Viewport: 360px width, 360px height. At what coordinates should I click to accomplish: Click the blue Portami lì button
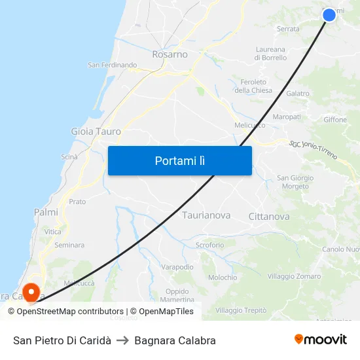[179, 160]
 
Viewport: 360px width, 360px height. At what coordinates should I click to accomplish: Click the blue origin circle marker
[329, 14]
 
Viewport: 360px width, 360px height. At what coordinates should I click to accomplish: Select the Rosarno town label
[170, 54]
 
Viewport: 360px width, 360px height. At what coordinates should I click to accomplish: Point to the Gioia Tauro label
[96, 132]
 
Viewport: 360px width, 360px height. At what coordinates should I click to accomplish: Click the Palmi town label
[46, 212]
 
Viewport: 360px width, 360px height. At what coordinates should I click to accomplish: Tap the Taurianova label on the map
[206, 215]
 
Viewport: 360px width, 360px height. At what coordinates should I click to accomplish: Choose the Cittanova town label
[269, 216]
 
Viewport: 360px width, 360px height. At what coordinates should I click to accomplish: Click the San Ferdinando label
[112, 65]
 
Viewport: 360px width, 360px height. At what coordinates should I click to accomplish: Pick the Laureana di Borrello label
[270, 53]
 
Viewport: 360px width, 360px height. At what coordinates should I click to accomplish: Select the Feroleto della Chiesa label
[253, 86]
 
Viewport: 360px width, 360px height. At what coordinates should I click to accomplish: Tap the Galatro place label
[298, 94]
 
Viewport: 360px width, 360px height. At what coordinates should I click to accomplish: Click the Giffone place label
[335, 120]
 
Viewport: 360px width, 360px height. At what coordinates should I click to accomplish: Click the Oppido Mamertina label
[177, 295]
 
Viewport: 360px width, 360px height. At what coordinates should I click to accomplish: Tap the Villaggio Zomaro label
[294, 276]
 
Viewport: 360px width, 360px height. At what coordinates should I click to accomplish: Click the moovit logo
[320, 340]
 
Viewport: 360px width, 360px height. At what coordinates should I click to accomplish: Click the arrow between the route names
[122, 340]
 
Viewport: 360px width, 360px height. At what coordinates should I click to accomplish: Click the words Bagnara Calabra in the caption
[175, 340]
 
